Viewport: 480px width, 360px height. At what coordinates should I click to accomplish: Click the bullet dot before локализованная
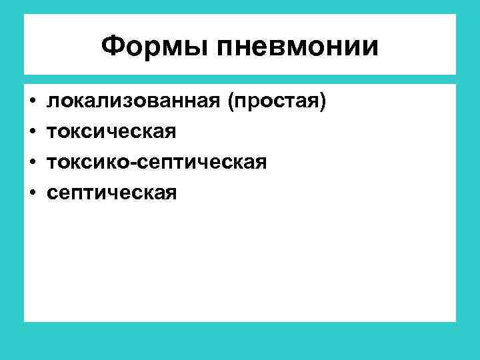coord(32,102)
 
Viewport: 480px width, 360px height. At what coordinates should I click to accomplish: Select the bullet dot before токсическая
coord(32,132)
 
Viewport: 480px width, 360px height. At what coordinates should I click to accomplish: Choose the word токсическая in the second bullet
coord(111,132)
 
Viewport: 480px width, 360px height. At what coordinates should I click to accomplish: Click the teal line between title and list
coord(240,79)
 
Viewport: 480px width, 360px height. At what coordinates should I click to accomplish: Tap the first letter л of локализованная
coord(51,103)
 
